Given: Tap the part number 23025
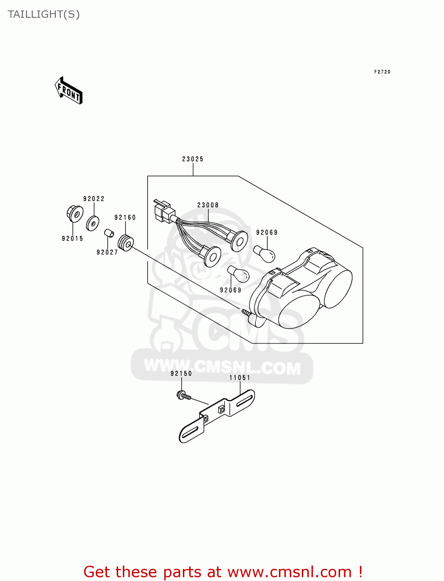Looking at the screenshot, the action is click(x=193, y=159).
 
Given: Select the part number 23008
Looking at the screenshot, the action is click(x=208, y=205).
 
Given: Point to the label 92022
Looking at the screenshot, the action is click(x=94, y=199).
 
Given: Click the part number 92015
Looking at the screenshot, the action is click(x=72, y=239).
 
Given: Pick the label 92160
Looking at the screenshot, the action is click(x=125, y=218).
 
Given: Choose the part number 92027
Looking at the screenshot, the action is click(x=107, y=253).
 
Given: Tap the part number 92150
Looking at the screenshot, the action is click(x=181, y=374).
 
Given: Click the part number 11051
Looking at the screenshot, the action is click(x=240, y=378).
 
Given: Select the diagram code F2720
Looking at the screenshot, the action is click(x=382, y=72).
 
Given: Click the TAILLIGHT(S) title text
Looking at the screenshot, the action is click(x=43, y=14).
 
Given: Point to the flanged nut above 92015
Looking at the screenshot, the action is click(x=74, y=214).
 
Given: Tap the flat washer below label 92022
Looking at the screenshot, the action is click(x=93, y=223).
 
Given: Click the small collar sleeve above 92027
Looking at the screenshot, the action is click(x=109, y=234).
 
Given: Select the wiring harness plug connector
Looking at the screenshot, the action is click(x=163, y=211).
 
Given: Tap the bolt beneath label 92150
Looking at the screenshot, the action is click(x=183, y=396).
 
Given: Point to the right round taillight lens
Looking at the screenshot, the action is click(x=337, y=288).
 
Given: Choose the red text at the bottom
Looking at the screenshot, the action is click(x=223, y=572).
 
